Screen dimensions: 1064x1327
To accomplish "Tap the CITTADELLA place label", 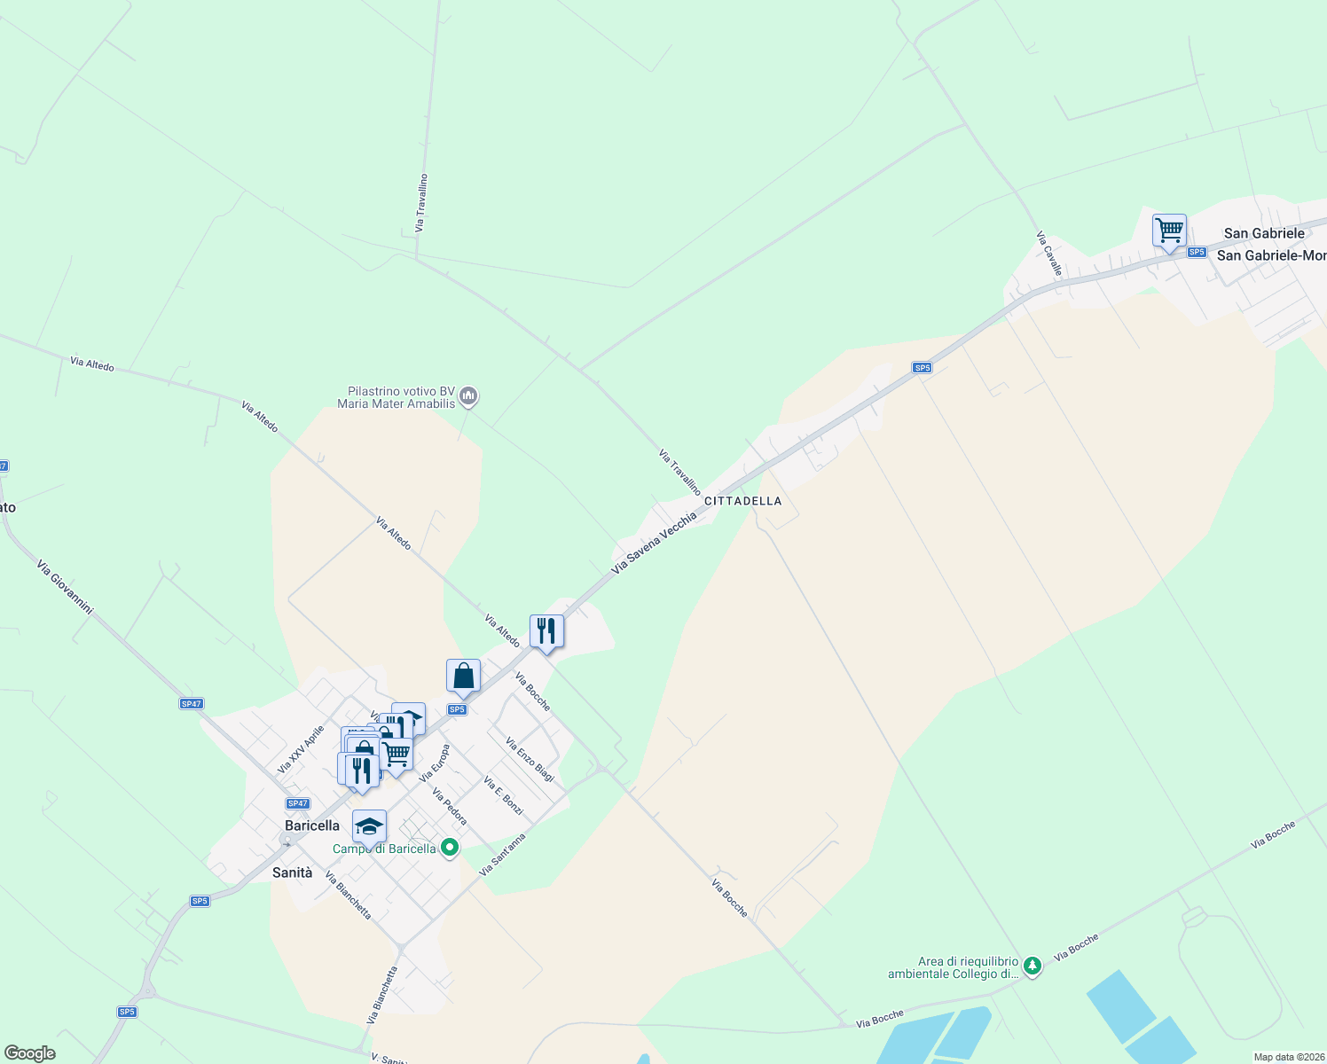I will (x=743, y=501).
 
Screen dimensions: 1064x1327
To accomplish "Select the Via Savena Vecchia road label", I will (x=654, y=542).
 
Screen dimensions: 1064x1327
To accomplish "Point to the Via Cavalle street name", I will (x=1049, y=254).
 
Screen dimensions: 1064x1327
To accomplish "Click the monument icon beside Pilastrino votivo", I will (x=469, y=396).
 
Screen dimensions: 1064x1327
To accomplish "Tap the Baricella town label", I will (x=312, y=825).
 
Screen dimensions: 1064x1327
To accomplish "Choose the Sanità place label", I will (x=293, y=872).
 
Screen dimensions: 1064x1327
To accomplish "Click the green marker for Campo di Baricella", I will (x=450, y=848).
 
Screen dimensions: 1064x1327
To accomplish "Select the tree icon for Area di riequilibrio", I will (x=1032, y=966).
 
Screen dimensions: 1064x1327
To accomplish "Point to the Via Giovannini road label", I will (x=65, y=586).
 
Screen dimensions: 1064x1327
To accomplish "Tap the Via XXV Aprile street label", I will (x=302, y=749).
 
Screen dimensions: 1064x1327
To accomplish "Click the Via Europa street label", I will (x=435, y=763).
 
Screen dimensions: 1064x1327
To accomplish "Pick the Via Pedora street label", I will (x=450, y=806).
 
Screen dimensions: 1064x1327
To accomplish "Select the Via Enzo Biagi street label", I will (x=530, y=760).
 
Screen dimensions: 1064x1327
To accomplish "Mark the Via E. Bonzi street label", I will (x=503, y=795).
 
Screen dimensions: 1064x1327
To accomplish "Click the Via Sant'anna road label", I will (x=502, y=855).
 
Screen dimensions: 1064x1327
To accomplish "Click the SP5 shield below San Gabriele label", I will (x=1197, y=252).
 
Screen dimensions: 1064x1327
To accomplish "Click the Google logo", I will (x=29, y=1053).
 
